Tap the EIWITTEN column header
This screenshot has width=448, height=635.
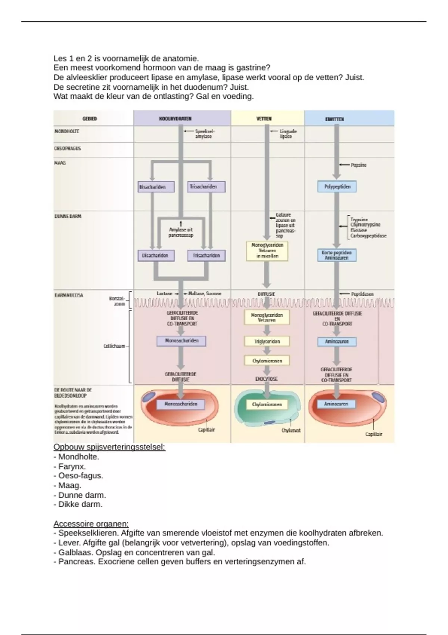(335, 119)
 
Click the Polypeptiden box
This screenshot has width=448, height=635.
(337, 186)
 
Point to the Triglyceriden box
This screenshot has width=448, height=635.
(267, 341)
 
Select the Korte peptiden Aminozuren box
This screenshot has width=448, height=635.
(337, 255)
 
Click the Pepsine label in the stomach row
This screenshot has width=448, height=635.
(358, 165)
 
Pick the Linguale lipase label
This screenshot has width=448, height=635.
(288, 134)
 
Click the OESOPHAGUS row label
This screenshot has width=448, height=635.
(68, 148)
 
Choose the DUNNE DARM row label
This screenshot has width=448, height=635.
(68, 216)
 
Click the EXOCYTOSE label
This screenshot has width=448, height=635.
(266, 379)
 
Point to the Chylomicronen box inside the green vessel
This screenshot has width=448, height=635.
(267, 404)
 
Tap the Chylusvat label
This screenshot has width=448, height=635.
(291, 430)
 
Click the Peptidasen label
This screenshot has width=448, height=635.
(362, 294)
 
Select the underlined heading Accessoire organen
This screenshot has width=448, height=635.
(91, 524)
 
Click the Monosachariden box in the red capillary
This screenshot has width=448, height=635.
(181, 404)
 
